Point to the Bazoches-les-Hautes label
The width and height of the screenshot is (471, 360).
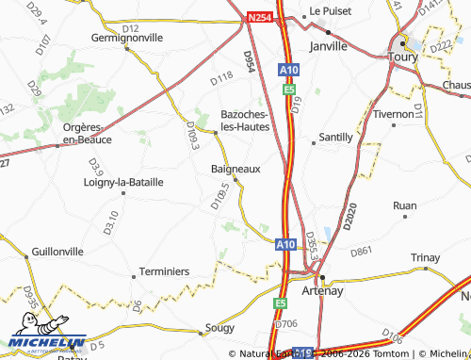pyautogui.click(x=245, y=120)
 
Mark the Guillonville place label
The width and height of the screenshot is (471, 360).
pyautogui.click(x=57, y=252)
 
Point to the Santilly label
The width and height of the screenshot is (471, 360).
pyautogui.click(x=336, y=138)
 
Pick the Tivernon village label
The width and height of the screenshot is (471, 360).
pyautogui.click(x=394, y=113)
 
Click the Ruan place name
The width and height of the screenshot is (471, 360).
pyautogui.click(x=405, y=205)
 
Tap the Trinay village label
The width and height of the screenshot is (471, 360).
pyautogui.click(x=426, y=258)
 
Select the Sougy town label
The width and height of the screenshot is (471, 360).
pyautogui.click(x=219, y=331)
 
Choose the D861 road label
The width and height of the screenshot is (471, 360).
pyautogui.click(x=362, y=252)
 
